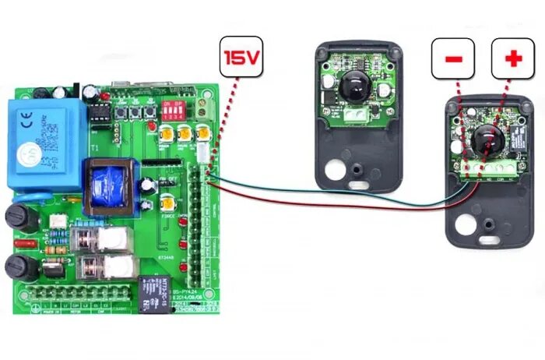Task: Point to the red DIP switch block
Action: (171, 108)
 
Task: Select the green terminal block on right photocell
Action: (485, 168)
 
